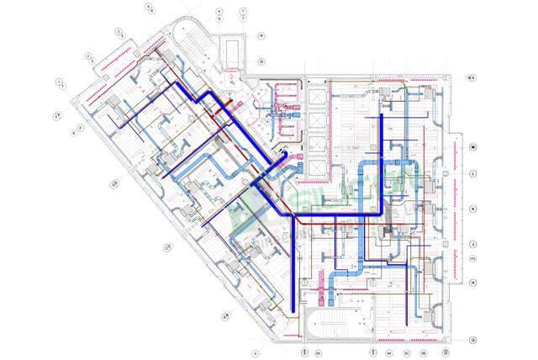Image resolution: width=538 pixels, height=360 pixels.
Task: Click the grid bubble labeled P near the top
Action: (x=262, y=36)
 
